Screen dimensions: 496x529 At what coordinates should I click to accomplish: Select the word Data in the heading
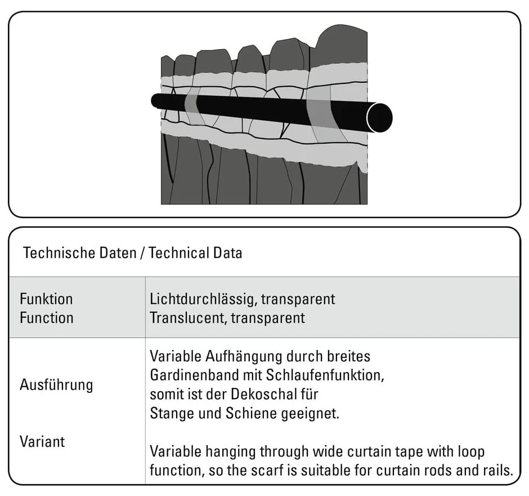tap(228, 253)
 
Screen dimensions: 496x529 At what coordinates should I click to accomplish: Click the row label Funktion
tap(46, 299)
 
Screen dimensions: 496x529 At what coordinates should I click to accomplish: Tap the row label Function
tap(46, 317)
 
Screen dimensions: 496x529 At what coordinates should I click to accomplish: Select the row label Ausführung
tap(56, 386)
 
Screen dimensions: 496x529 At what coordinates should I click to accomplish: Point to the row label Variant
tap(42, 441)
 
